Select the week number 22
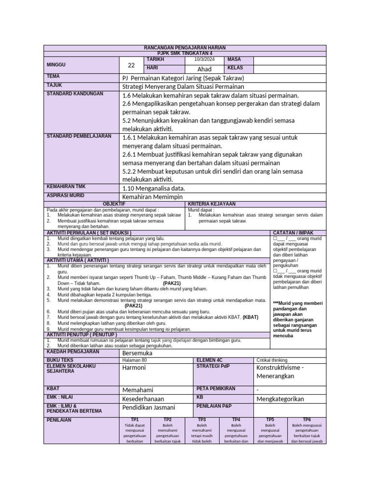click(x=131, y=66)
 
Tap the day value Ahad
click(x=205, y=69)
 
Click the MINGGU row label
click(x=56, y=64)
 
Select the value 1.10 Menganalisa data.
click(x=154, y=188)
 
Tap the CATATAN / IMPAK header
click(x=291, y=232)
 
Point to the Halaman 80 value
click(x=134, y=360)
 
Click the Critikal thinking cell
click(x=272, y=360)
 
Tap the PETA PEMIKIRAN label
click(x=216, y=388)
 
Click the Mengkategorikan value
click(x=280, y=399)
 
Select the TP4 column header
click(x=236, y=420)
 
